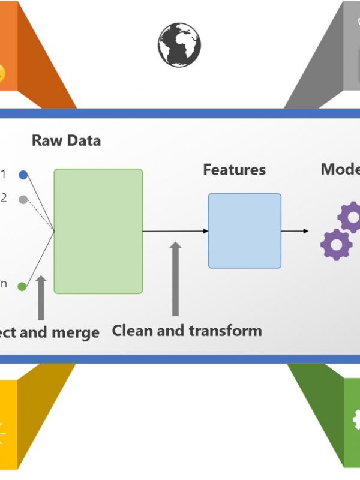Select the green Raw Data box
click(98, 231)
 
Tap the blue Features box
click(245, 230)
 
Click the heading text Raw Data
click(66, 141)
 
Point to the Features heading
click(234, 170)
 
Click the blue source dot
click(23, 175)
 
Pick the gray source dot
click(23, 199)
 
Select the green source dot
click(22, 286)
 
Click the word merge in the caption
click(74, 332)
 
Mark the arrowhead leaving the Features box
click(305, 231)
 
